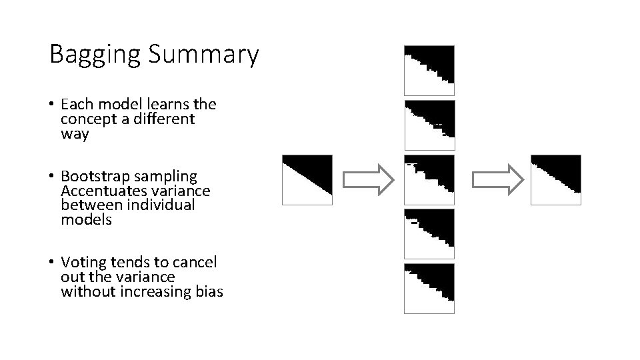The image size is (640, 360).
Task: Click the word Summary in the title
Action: [x=203, y=55]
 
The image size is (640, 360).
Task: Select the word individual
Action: [x=161, y=205]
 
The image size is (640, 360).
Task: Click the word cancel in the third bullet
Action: [x=197, y=263]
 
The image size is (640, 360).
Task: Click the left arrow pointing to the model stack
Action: [x=369, y=179]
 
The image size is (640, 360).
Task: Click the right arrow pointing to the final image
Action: [x=498, y=179]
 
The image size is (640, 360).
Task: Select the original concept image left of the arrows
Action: [x=307, y=179]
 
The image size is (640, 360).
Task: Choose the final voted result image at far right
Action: [x=555, y=179]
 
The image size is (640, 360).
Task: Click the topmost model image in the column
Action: [x=429, y=71]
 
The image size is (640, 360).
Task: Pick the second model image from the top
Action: [x=429, y=125]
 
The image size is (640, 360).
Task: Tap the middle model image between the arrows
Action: [x=429, y=179]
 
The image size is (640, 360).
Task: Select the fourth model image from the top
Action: [x=429, y=234]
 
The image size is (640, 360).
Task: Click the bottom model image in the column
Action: [x=429, y=288]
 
